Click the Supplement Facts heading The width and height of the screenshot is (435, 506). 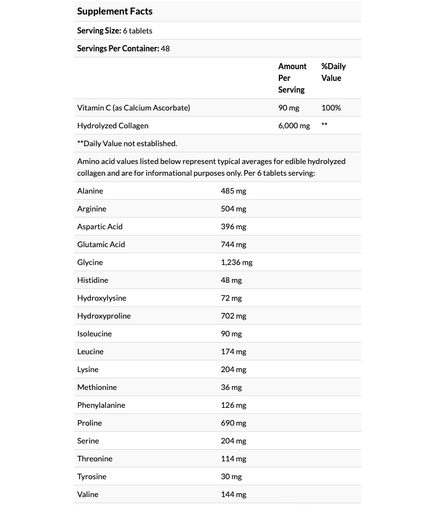point(114,11)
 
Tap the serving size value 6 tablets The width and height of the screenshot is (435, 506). point(138,31)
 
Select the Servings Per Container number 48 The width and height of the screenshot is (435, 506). point(165,49)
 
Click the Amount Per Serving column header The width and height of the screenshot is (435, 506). point(292,78)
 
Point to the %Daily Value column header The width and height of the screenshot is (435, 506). point(333,72)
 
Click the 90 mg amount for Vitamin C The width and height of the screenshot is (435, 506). point(288,108)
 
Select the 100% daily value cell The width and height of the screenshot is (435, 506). point(331,108)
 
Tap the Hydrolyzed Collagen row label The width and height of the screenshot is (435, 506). point(113,126)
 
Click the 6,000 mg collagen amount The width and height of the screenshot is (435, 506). point(294,126)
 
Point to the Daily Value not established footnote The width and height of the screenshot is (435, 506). point(127,143)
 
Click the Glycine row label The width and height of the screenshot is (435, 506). point(90,262)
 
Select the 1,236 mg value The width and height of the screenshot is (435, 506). point(236,262)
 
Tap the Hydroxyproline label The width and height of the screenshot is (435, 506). point(104,316)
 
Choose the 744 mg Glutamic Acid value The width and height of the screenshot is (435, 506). point(233,244)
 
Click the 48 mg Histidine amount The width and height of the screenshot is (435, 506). point(231,280)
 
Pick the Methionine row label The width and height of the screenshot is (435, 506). point(96,387)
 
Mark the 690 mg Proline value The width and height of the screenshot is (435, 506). point(233,423)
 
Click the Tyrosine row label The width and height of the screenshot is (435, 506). point(91,476)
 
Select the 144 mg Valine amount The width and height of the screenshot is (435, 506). point(233,494)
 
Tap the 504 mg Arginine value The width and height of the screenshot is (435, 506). point(233,209)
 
